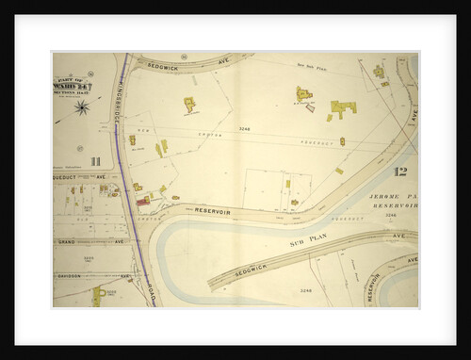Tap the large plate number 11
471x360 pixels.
click(x=94, y=160)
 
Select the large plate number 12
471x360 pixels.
click(x=399, y=171)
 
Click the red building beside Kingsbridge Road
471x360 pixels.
click(x=142, y=201)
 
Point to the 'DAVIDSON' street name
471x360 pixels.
click(x=68, y=276)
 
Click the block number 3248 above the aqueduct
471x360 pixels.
click(x=247, y=127)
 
